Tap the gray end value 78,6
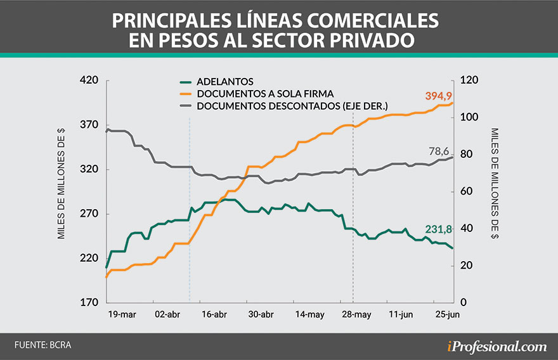point(441,151)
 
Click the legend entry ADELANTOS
point(224,82)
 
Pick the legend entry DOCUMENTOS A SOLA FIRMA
point(264,93)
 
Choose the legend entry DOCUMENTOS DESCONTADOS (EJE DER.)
point(292,105)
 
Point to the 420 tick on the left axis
point(89,80)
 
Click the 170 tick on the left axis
point(89,302)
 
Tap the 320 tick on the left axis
point(89,169)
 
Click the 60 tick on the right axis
point(466,191)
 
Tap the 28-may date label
point(356,314)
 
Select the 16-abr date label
point(214,314)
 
